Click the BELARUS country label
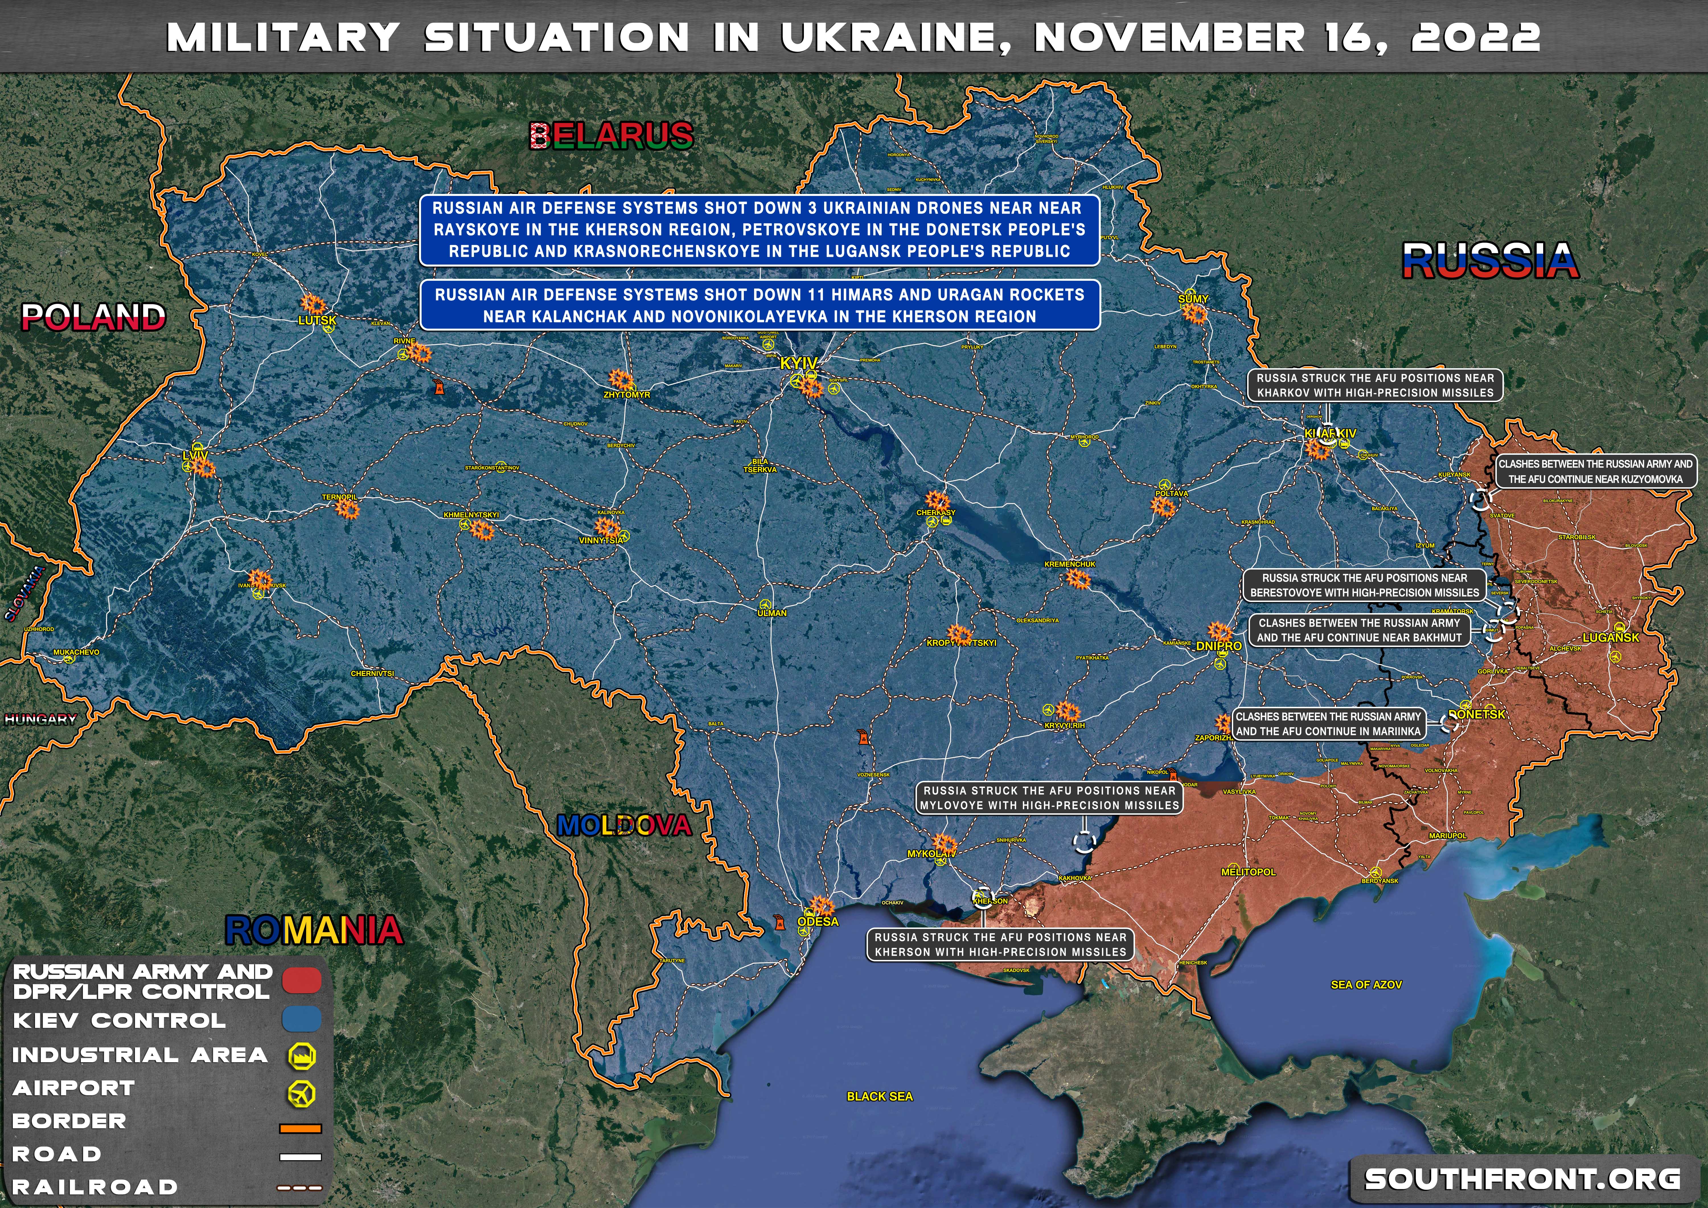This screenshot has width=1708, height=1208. click(611, 136)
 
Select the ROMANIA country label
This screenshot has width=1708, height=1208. click(314, 930)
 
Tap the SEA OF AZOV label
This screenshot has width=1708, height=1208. click(1366, 985)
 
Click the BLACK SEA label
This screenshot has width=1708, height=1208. click(879, 1096)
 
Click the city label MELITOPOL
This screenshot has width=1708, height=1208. click(1248, 872)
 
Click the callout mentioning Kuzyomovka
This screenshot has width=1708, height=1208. click(1595, 472)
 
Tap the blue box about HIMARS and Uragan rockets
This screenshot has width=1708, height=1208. click(759, 305)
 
